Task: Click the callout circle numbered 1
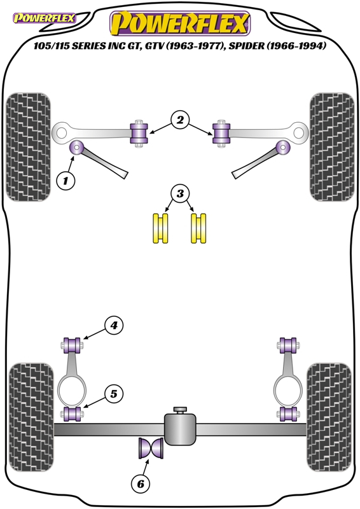66,180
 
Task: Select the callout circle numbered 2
180,120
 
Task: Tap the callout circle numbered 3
180,194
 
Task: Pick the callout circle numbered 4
114,325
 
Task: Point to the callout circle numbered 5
114,394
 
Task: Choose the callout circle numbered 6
141,484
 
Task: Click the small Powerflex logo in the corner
44,18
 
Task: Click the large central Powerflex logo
180,23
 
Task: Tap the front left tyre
29,147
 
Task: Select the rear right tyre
329,418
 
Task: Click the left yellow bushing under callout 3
161,228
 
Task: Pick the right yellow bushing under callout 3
198,228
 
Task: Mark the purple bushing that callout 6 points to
151,448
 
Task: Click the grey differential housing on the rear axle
180,428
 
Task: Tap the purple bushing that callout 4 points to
73,345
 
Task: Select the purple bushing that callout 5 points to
73,414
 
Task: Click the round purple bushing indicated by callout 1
77,148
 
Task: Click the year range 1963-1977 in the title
196,46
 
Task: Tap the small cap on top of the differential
180,410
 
